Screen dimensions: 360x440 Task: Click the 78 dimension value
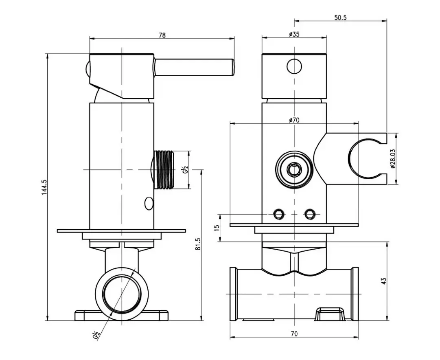point(162,35)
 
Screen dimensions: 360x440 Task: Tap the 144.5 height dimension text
point(44,187)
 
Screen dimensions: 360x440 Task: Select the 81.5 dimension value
point(198,244)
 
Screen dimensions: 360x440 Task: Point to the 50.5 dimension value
point(340,18)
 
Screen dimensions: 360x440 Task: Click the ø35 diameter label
point(294,35)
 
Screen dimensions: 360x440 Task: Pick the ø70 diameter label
point(294,120)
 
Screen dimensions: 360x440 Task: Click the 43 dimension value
point(383,281)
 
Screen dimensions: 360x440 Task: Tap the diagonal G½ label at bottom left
point(96,335)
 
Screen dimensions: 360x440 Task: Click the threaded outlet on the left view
point(165,170)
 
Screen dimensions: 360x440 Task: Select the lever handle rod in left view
point(194,67)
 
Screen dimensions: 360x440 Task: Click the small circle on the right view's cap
point(294,66)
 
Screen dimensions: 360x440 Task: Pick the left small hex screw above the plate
point(279,213)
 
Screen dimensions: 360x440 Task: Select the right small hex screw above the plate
point(310,213)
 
